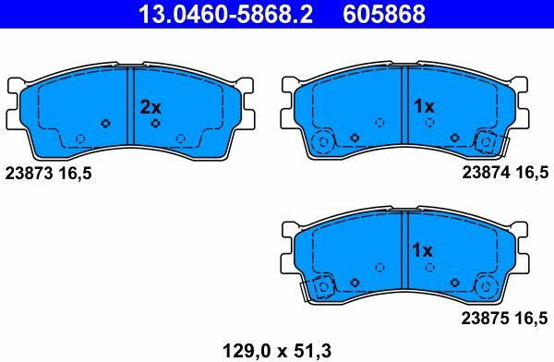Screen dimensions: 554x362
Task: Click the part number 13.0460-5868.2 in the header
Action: pyautogui.click(x=225, y=14)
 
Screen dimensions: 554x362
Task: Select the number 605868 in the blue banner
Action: pyautogui.click(x=384, y=14)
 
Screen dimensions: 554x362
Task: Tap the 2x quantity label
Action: pyautogui.click(x=151, y=107)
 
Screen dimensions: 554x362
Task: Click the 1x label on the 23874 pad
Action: pyautogui.click(x=424, y=106)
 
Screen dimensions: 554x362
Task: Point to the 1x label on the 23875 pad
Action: pyautogui.click(x=423, y=250)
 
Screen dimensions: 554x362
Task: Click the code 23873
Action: pyautogui.click(x=29, y=174)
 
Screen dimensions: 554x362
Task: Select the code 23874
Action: pyautogui.click(x=487, y=173)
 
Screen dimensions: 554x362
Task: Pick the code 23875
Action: pyautogui.click(x=486, y=319)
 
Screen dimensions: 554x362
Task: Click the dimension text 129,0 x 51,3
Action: pyautogui.click(x=277, y=351)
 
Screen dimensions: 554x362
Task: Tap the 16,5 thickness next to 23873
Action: pyautogui.click(x=75, y=174)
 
